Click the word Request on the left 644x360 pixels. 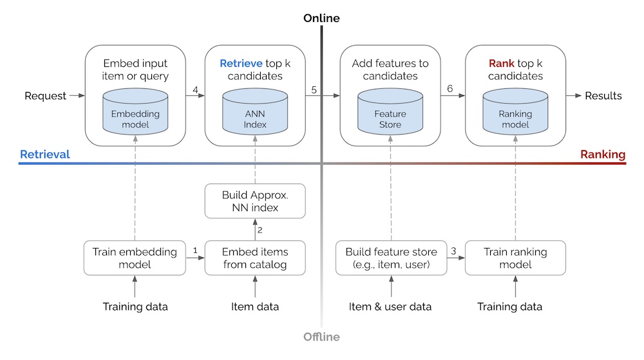click(x=45, y=96)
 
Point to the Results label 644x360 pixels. click(x=603, y=96)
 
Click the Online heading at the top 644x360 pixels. click(x=321, y=19)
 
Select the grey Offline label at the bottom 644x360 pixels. click(x=321, y=337)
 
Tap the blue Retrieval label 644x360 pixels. click(x=45, y=155)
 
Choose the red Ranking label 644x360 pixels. click(x=603, y=155)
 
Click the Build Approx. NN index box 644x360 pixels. click(x=255, y=201)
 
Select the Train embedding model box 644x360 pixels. click(x=135, y=258)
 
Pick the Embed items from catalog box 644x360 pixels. click(x=255, y=258)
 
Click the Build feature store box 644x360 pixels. click(x=391, y=258)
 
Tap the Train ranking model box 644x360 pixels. click(x=515, y=258)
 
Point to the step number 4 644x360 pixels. click(x=194, y=90)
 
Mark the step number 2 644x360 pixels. click(x=261, y=230)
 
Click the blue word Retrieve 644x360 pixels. click(x=240, y=64)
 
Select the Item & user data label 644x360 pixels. click(x=390, y=307)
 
